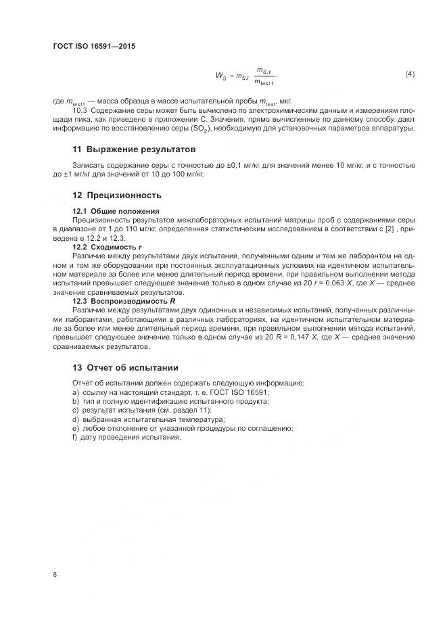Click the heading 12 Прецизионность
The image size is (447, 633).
click(117, 195)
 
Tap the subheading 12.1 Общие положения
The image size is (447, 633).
click(116, 211)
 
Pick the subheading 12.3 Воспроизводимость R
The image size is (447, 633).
click(124, 300)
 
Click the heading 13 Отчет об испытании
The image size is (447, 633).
click(125, 367)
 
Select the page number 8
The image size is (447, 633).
click(55, 574)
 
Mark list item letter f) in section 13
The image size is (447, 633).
click(74, 437)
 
